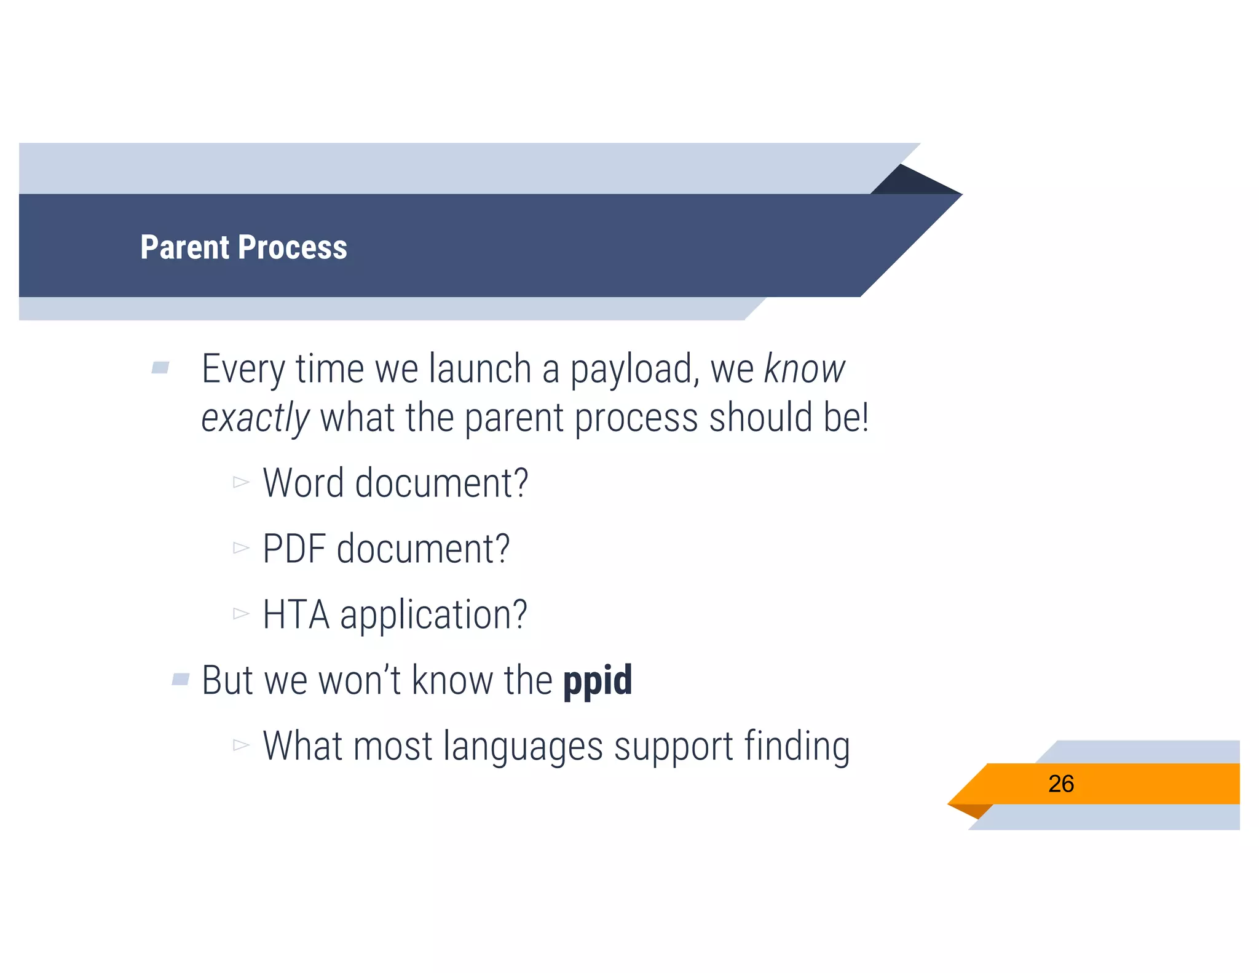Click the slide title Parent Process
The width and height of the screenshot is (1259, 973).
243,247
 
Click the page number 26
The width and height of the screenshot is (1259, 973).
1060,784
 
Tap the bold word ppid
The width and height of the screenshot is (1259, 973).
598,681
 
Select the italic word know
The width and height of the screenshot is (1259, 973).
804,369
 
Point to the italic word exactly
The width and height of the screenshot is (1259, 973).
255,418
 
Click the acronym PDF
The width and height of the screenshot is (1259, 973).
294,549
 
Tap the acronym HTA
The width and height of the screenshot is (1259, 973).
296,614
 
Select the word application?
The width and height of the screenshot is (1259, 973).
433,616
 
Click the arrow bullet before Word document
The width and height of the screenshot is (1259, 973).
241,482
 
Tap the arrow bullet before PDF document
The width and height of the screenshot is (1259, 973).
241,547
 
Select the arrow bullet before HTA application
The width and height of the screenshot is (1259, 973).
241,613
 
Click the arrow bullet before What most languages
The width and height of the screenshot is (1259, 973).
241,745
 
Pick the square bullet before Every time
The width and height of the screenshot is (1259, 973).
160,368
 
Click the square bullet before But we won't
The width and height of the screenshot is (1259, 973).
181,679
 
